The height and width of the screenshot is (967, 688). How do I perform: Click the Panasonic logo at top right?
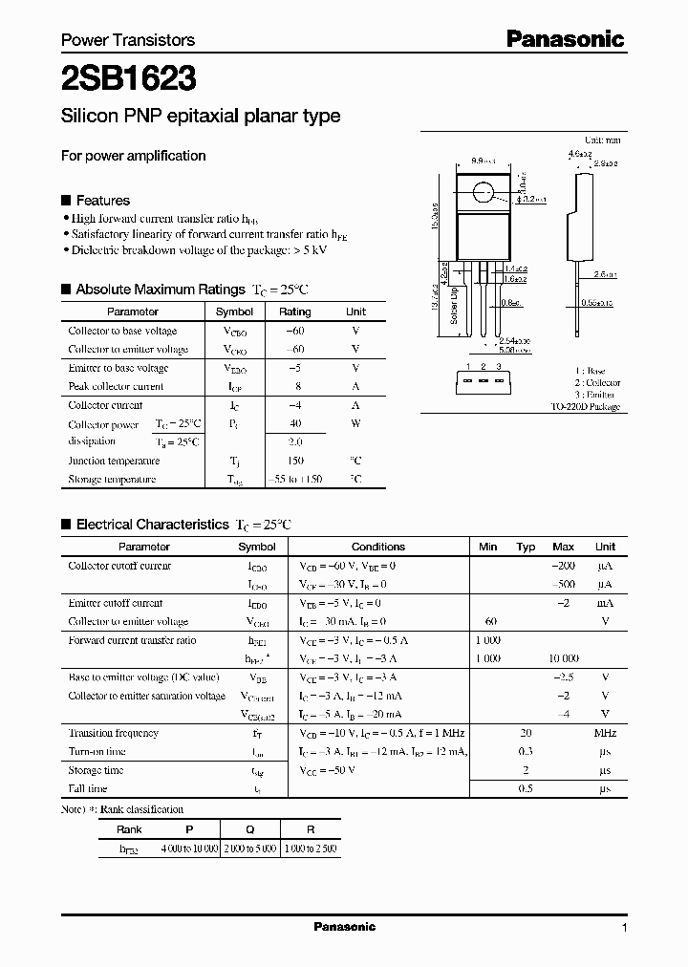tap(565, 39)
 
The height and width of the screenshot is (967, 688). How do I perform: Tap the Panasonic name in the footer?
tap(344, 927)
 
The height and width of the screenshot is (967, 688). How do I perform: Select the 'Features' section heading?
tap(102, 201)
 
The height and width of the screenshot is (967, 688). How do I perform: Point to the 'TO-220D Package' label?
tap(585, 406)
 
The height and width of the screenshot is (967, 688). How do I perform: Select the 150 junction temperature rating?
tap(294, 461)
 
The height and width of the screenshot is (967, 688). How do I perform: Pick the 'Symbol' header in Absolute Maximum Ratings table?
tap(234, 312)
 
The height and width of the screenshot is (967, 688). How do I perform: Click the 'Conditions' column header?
tap(378, 547)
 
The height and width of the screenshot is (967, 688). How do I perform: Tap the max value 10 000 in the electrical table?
tap(563, 659)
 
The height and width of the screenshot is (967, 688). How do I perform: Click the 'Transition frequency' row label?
tap(113, 733)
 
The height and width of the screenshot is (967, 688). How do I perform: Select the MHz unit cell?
tap(604, 733)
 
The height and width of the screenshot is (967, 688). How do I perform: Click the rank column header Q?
tap(249, 829)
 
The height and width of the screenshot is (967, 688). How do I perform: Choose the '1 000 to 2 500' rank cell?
tap(310, 849)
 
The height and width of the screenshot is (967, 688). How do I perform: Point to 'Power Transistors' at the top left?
tap(128, 40)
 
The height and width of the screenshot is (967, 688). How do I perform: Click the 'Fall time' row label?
tap(89, 789)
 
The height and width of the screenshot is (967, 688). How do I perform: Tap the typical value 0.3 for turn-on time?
tap(525, 752)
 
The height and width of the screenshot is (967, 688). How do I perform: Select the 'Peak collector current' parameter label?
tap(116, 386)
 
